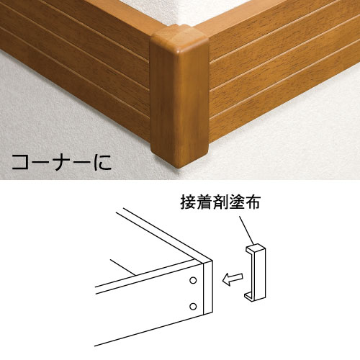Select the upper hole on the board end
point(193,278)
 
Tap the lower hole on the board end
point(193,306)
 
